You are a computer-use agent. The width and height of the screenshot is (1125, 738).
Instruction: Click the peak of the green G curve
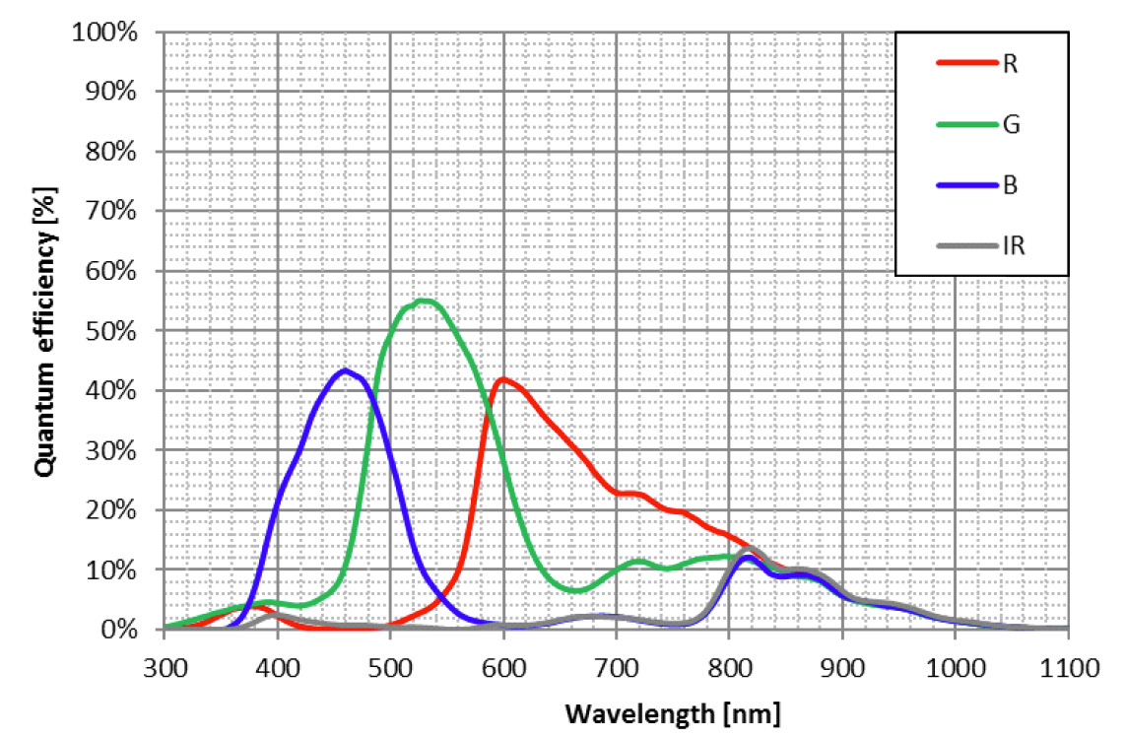424,300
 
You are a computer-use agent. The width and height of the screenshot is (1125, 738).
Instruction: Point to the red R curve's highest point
503,378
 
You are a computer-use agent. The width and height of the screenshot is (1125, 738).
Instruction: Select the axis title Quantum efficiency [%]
43,332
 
